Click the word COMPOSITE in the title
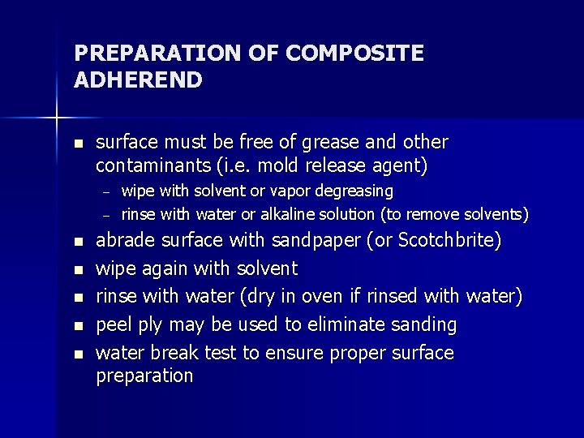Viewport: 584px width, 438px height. [355, 54]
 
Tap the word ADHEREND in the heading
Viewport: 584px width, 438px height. [138, 80]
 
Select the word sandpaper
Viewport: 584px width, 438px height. [317, 241]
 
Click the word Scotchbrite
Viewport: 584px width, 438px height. [455, 241]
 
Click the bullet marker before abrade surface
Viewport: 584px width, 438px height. [77, 242]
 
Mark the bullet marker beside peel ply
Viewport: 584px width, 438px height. [77, 325]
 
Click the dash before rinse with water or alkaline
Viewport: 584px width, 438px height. [105, 216]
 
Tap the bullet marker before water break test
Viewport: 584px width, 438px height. [77, 354]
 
